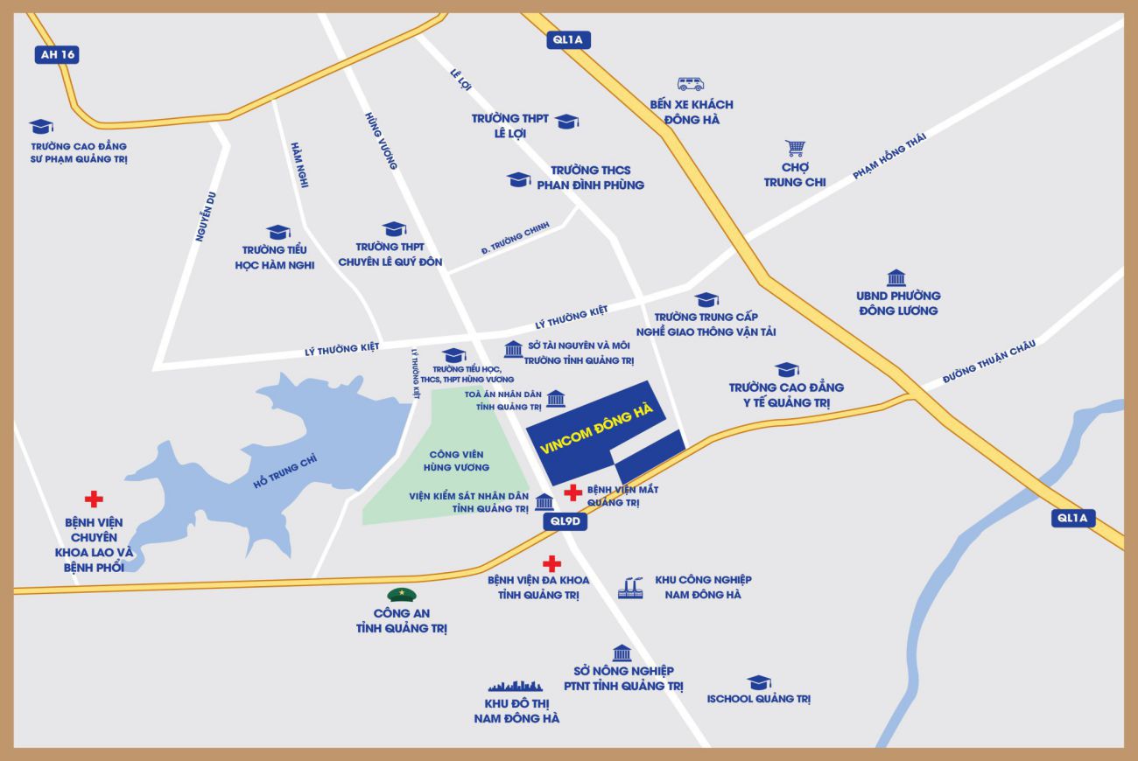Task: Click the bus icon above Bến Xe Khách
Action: pyautogui.click(x=690, y=84)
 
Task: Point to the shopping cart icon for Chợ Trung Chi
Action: pyautogui.click(x=795, y=148)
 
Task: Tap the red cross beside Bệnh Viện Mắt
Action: pyautogui.click(x=573, y=492)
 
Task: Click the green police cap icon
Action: pyautogui.click(x=402, y=595)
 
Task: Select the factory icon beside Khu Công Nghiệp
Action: pyautogui.click(x=630, y=587)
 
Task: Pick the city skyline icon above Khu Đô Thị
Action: pyautogui.click(x=522, y=685)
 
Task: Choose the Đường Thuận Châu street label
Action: pyautogui.click(x=989, y=360)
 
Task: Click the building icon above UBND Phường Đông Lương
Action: pyautogui.click(x=896, y=278)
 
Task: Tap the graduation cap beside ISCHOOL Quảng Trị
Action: pyautogui.click(x=758, y=682)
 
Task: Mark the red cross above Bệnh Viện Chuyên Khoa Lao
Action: pyautogui.click(x=94, y=499)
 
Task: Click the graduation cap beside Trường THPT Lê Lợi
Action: pyautogui.click(x=566, y=121)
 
